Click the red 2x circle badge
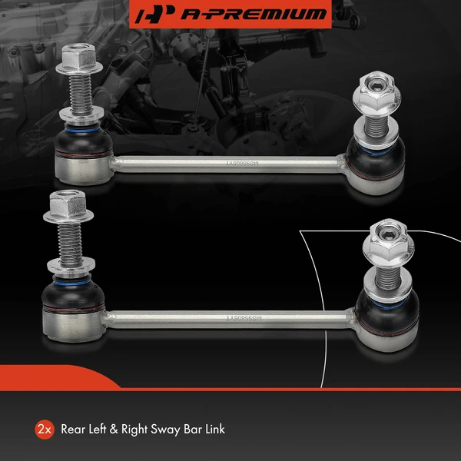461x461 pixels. tap(44, 429)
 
